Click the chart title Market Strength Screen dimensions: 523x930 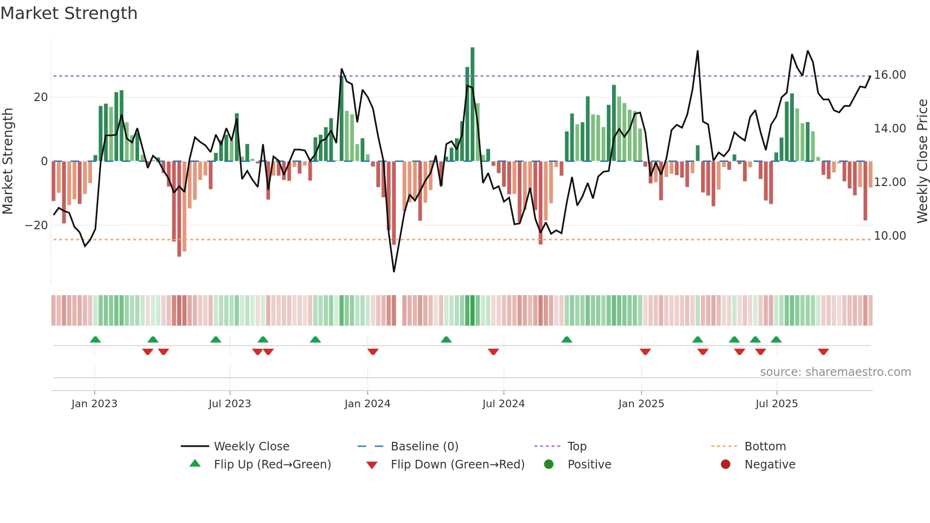point(69,13)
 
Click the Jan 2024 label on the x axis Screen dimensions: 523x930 point(367,404)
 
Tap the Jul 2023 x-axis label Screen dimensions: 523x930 point(230,404)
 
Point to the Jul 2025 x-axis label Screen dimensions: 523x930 point(777,404)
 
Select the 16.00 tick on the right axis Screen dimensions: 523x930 point(890,75)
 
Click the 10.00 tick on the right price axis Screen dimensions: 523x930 point(890,236)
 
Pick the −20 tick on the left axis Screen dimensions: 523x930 point(37,225)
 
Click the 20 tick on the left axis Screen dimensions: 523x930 point(41,97)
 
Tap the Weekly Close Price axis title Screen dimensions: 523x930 point(922,161)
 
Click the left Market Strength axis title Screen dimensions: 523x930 point(8,161)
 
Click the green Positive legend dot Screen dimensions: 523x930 point(549,465)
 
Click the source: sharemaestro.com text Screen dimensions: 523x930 point(835,372)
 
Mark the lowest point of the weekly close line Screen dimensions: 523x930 point(394,271)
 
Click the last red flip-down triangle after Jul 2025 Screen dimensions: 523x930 point(823,352)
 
